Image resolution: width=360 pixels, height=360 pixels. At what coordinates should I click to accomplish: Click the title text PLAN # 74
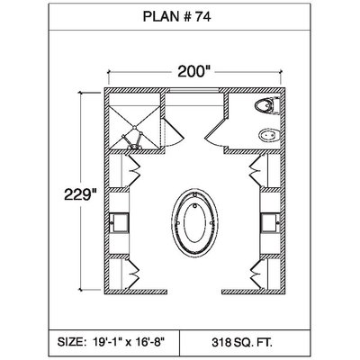click(177, 17)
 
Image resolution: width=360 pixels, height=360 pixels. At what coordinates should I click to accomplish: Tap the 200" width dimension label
click(193, 71)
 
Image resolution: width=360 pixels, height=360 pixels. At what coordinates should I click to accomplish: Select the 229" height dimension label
click(81, 194)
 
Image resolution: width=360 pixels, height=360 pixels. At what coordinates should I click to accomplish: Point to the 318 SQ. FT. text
click(242, 342)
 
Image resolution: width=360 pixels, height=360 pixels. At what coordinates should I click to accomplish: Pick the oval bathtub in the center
click(195, 222)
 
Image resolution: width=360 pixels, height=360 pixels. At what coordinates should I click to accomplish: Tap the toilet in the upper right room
click(267, 105)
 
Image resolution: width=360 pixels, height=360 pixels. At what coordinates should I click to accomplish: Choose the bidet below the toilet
click(269, 136)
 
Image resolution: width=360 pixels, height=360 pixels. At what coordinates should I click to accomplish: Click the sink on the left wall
click(119, 223)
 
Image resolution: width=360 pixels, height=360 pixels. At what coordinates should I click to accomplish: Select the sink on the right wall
click(270, 223)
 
